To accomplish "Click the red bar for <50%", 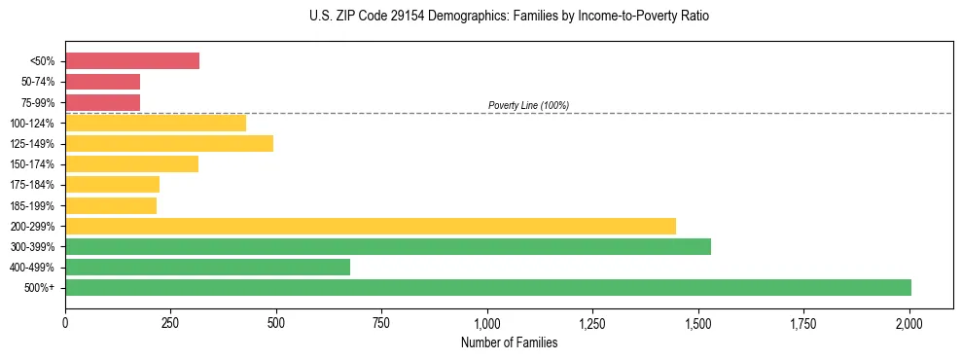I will coord(132,61).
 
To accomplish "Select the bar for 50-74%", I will coord(103,82).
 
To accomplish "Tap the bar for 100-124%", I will coord(156,123).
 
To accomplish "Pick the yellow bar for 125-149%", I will coord(169,143).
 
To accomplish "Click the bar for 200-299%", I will coord(371,226).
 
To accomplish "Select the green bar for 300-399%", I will coord(388,246).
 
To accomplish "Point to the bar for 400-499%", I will coord(208,267).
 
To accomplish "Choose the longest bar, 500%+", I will coord(488,287).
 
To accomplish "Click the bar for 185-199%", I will coord(111,205).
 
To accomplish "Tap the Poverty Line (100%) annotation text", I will coord(528,105).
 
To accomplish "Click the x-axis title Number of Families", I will coord(509,342).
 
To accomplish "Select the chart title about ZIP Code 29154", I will coord(509,17).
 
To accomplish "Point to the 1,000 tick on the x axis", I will coord(487,322).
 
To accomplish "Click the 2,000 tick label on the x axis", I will coord(909,322).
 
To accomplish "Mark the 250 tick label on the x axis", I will coord(170,322).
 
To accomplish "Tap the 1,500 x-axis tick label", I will coord(698,322).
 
